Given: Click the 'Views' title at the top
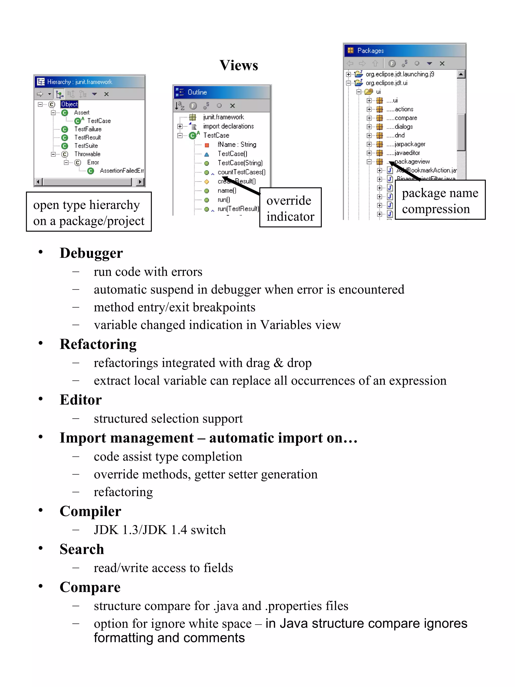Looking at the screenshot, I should click(x=238, y=65).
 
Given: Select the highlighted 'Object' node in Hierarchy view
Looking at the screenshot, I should click(x=69, y=104).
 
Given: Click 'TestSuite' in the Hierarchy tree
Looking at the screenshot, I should click(x=86, y=146).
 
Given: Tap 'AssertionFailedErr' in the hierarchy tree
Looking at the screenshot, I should click(x=121, y=171).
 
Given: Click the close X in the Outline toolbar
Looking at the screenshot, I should click(x=232, y=106).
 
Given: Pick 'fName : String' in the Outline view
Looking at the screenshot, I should click(x=237, y=144).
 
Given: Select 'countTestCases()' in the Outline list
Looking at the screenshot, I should click(x=241, y=172).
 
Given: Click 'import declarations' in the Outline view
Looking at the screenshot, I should click(x=228, y=126).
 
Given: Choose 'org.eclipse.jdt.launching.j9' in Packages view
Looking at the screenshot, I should click(x=400, y=74).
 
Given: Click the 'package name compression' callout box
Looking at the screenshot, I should click(x=440, y=200).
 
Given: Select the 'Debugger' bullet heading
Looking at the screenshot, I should click(x=91, y=253).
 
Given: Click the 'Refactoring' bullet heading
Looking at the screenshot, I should click(x=98, y=344).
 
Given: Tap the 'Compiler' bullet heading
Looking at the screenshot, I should click(x=90, y=511).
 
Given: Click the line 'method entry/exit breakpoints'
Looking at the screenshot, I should click(x=174, y=307).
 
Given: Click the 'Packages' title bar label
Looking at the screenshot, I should click(x=370, y=51).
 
